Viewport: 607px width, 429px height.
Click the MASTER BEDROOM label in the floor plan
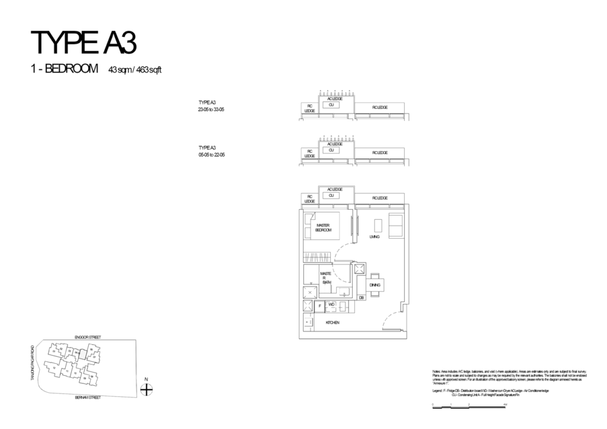tap(323, 228)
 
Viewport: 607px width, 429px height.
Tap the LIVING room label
tap(373, 236)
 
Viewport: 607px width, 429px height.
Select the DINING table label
tap(375, 286)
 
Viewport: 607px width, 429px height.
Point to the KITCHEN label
tap(332, 322)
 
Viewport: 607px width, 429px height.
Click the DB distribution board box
tap(362, 297)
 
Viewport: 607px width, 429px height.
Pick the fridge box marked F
tap(320, 306)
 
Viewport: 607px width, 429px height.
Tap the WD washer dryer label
tap(331, 305)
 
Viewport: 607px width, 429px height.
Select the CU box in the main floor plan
tap(332, 195)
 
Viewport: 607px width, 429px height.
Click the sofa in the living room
tap(395, 225)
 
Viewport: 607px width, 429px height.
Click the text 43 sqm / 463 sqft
tap(135, 69)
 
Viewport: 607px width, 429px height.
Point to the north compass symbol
tap(146, 389)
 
